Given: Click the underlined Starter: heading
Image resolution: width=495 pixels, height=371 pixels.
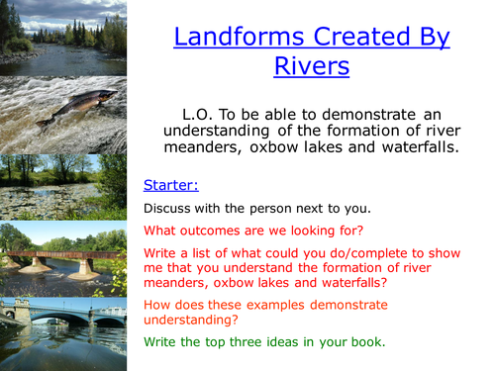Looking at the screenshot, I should click(x=170, y=185).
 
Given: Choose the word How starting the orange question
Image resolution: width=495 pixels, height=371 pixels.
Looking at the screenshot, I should click(x=158, y=307).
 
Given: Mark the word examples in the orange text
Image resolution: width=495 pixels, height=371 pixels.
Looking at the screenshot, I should click(x=263, y=307).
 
